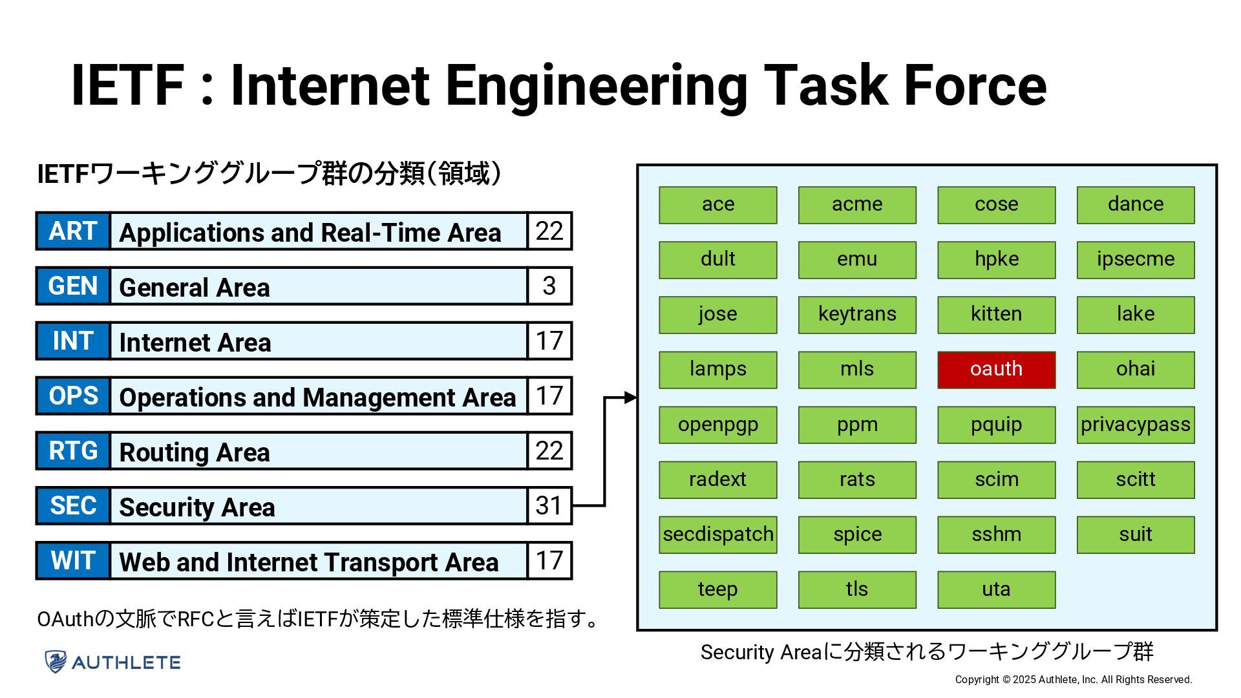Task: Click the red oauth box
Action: click(x=996, y=370)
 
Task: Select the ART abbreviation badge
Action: click(x=73, y=231)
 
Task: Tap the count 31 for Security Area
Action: click(x=549, y=505)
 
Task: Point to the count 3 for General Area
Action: click(x=549, y=286)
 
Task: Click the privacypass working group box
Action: click(x=1135, y=425)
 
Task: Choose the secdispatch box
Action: click(x=717, y=534)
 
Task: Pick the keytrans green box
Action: click(x=857, y=315)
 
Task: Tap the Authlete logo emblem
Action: click(x=56, y=662)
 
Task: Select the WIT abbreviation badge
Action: click(x=73, y=560)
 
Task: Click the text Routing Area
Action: click(x=195, y=452)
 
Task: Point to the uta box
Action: click(x=996, y=589)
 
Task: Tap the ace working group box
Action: click(x=717, y=205)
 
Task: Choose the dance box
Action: click(x=1135, y=205)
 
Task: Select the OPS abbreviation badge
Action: click(x=73, y=396)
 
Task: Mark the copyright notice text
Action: click(x=1073, y=679)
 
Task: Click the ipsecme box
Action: click(x=1135, y=260)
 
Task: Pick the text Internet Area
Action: click(x=195, y=342)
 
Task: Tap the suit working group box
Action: click(x=1135, y=534)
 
